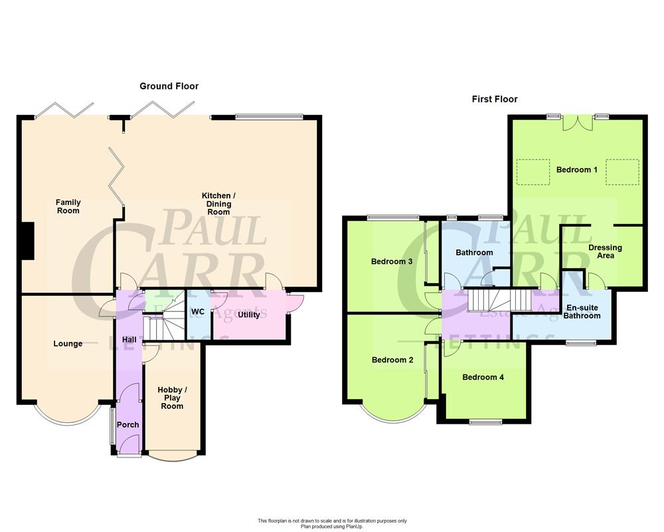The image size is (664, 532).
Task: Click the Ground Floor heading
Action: pos(169,86)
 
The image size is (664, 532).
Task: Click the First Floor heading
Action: pos(494,99)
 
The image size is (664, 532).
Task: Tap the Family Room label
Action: pos(68,206)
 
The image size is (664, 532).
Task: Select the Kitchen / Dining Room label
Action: pos(218,203)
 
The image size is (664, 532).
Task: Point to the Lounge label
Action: pos(68,344)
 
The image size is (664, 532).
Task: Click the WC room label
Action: pos(198,312)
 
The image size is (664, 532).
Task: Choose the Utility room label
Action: pos(249,315)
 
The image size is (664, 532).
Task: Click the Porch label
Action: pos(128,425)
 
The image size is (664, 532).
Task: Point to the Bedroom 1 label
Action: pos(576,170)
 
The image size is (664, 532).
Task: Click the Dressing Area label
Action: pos(605,251)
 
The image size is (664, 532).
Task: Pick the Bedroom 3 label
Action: pos(392,261)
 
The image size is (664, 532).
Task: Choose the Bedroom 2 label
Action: pos(392,360)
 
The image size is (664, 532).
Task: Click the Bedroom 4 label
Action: pos(483,377)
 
